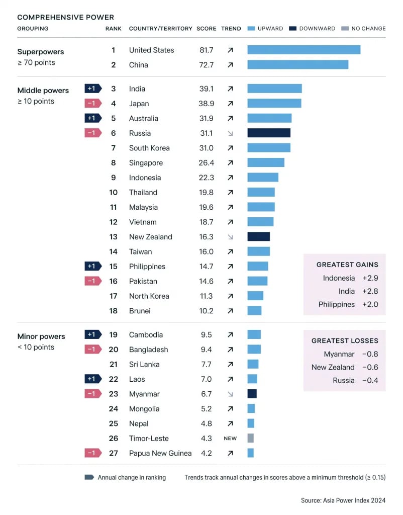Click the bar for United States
[304, 50]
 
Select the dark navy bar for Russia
[269, 133]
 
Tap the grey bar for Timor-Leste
[251, 439]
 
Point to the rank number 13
[113, 237]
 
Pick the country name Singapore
[146, 163]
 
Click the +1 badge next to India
[92, 89]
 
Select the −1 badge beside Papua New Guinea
[92, 453]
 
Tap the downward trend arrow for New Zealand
[230, 237]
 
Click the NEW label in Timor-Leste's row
[230, 439]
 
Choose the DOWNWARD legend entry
[312, 29]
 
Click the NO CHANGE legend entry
[363, 29]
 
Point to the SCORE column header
[206, 29]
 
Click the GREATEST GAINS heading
[347, 265]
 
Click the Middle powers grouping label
[43, 91]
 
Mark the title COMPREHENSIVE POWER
[66, 17]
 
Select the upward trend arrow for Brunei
[230, 311]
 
